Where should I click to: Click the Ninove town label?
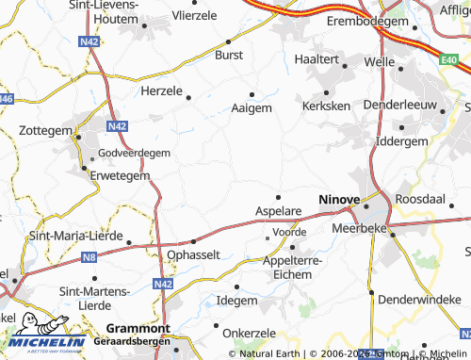pos(339,199)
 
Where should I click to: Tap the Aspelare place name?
pos(278,213)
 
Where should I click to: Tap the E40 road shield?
pos(448,59)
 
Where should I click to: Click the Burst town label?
pos(229,56)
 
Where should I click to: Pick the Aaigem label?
pos(252,108)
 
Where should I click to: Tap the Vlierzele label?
pos(195,16)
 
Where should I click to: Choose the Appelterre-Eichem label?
pos(292,266)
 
